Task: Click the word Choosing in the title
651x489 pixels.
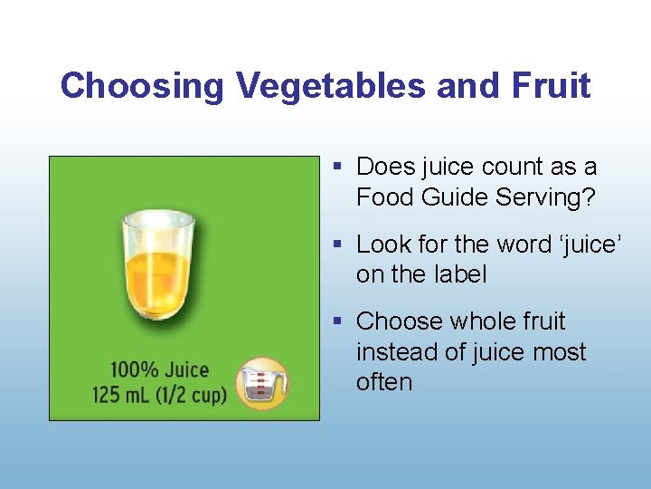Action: pos(143,87)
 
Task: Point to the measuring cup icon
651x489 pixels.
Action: pos(262,383)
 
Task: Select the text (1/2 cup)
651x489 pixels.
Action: pos(194,397)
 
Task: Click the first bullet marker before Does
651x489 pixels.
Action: pos(337,167)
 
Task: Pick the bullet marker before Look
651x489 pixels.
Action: pos(337,244)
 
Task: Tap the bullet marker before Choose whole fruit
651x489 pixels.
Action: pos(337,321)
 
